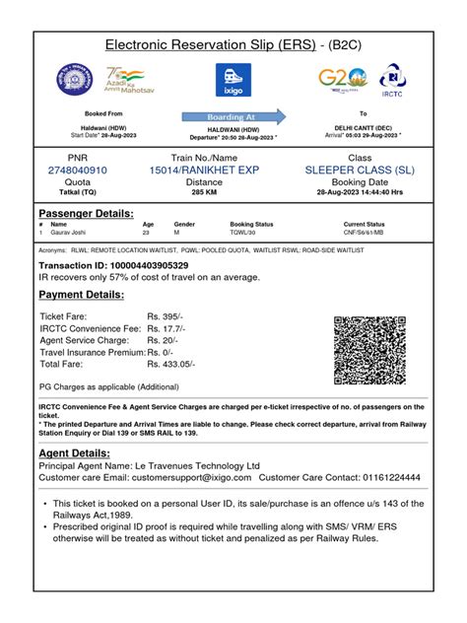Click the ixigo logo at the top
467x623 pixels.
coord(233,80)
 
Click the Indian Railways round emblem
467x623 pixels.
coord(72,80)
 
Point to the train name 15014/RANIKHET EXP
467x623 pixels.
coord(204,171)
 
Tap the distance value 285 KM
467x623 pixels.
coord(204,192)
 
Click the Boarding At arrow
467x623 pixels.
coord(233,116)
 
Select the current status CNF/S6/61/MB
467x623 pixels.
coord(365,233)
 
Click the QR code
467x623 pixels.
coord(369,350)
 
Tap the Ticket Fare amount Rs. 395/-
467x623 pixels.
coord(166,316)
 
